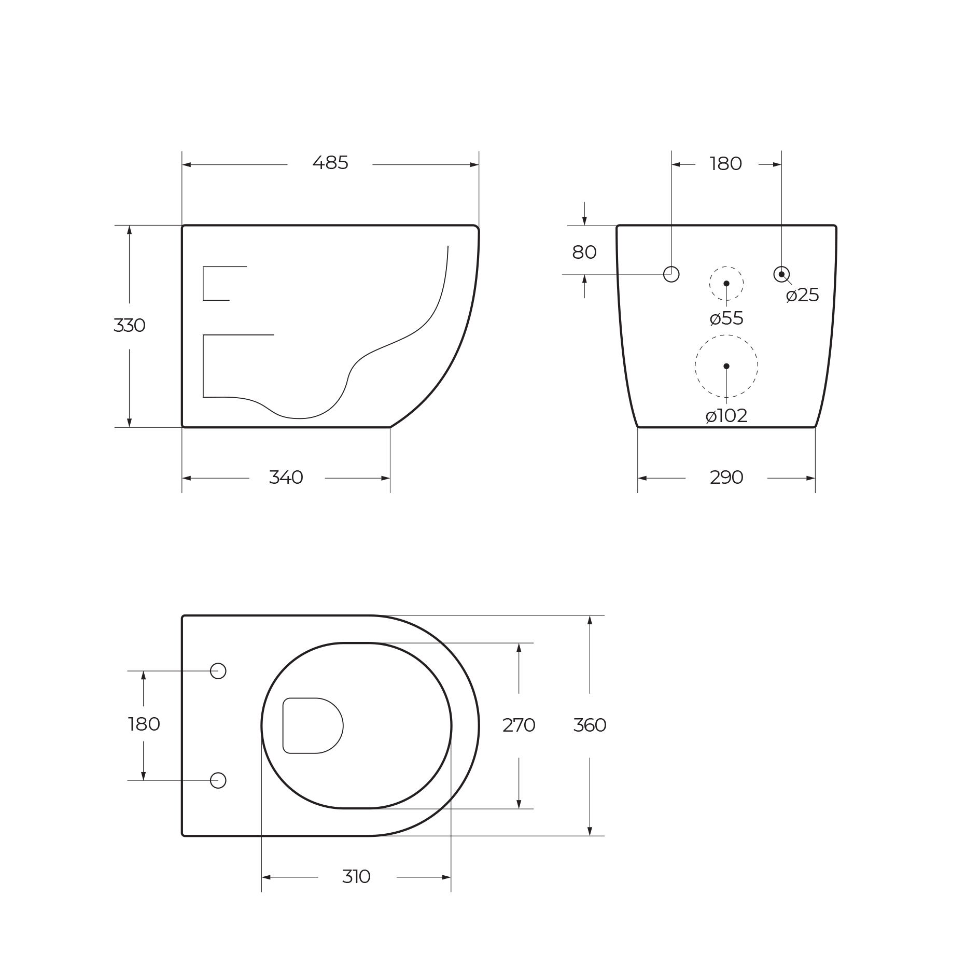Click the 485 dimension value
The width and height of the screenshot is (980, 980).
tap(330, 163)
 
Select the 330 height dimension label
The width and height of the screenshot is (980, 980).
tap(129, 326)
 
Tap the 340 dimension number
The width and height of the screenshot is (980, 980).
tap(286, 478)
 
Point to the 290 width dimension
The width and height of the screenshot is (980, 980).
tap(726, 478)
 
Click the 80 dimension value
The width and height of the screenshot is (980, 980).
tap(584, 253)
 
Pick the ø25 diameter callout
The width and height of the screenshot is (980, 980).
tap(803, 296)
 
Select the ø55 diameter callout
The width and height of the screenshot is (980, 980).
tap(726, 318)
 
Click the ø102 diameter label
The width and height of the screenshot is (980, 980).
tap(726, 416)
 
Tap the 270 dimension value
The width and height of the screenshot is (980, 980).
tap(519, 725)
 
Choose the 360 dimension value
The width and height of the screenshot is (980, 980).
tap(590, 725)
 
